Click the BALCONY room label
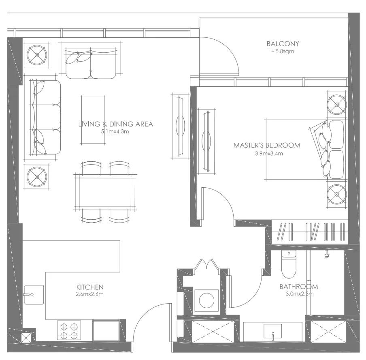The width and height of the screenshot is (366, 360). (x=283, y=44)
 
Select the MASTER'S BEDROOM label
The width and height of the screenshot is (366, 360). (x=267, y=145)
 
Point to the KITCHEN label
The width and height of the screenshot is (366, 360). (x=90, y=287)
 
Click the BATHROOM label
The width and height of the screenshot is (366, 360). (x=298, y=286)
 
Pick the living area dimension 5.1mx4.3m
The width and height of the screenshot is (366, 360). (x=115, y=131)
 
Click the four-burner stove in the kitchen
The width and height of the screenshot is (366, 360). (x=69, y=330)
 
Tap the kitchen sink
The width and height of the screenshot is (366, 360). (x=34, y=295)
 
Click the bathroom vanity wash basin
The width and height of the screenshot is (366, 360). (x=272, y=331)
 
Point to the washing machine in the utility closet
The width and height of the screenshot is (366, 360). (x=206, y=300)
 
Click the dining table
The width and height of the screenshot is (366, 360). (x=105, y=192)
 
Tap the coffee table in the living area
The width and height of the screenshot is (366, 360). (x=93, y=120)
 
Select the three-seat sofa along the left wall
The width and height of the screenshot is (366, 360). (x=45, y=117)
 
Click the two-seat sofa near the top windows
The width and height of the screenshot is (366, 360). (x=91, y=64)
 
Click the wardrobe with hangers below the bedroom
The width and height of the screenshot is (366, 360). (x=310, y=232)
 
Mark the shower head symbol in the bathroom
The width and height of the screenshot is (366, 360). (x=327, y=255)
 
